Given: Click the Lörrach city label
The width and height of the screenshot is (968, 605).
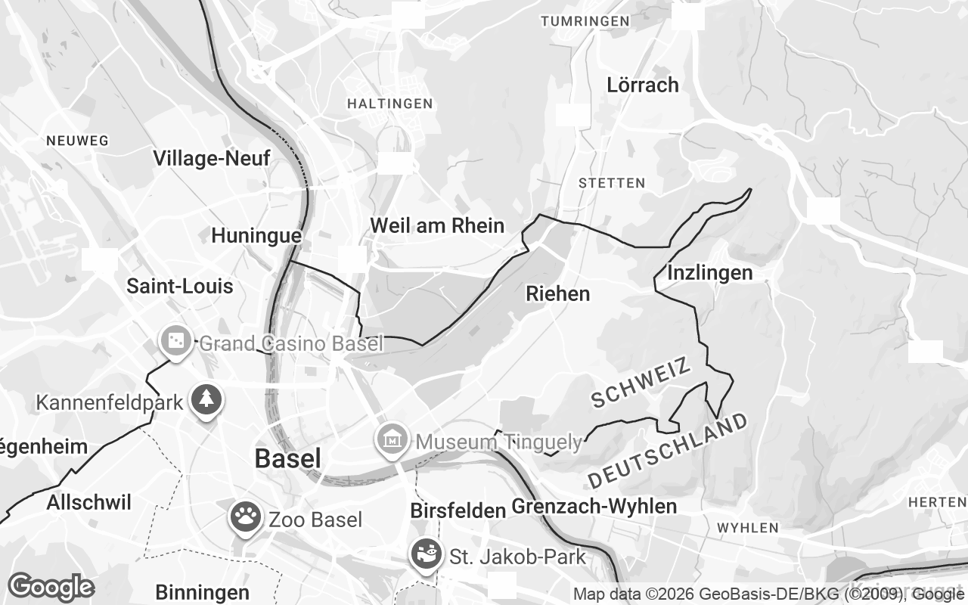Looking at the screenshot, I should pyautogui.click(x=643, y=85).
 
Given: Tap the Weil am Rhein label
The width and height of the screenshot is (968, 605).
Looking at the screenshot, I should pyautogui.click(x=436, y=225).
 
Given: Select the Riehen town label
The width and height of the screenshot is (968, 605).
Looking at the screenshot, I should pyautogui.click(x=558, y=293).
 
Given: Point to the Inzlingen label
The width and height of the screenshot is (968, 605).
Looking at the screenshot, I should pyautogui.click(x=710, y=272).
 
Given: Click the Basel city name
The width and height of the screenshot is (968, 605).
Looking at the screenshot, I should pyautogui.click(x=287, y=458).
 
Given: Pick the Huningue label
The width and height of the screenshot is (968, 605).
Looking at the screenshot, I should pyautogui.click(x=256, y=236).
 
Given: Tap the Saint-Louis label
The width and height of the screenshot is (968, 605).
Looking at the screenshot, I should pyautogui.click(x=180, y=287).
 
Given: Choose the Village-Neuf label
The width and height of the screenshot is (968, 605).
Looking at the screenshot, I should pyautogui.click(x=211, y=158).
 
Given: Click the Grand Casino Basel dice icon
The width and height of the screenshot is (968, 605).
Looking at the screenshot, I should pyautogui.click(x=175, y=342).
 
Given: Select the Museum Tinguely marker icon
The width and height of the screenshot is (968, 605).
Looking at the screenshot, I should pyautogui.click(x=393, y=439).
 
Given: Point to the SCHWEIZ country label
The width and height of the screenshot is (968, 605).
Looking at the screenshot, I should pyautogui.click(x=642, y=383).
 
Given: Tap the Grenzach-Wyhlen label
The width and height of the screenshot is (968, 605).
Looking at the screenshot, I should pyautogui.click(x=594, y=507).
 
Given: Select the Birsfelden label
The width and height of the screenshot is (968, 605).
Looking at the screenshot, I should pyautogui.click(x=458, y=510).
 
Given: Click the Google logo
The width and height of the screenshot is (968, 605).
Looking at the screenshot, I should pyautogui.click(x=51, y=586).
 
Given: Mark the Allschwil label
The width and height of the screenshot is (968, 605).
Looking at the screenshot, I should pyautogui.click(x=89, y=503).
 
